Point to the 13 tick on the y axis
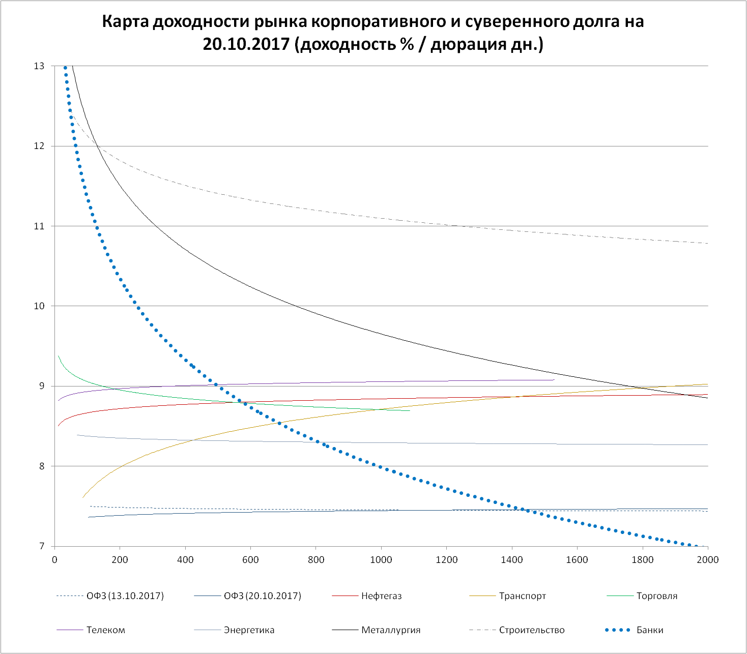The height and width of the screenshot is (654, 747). (x=39, y=66)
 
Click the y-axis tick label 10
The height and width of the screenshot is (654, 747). (x=39, y=306)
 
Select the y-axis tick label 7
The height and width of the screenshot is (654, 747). (x=41, y=546)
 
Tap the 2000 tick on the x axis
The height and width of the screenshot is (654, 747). (x=707, y=560)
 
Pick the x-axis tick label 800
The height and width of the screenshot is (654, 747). (x=316, y=560)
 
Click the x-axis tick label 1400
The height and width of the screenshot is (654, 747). (x=511, y=560)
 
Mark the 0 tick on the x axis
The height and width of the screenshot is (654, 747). (x=54, y=560)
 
